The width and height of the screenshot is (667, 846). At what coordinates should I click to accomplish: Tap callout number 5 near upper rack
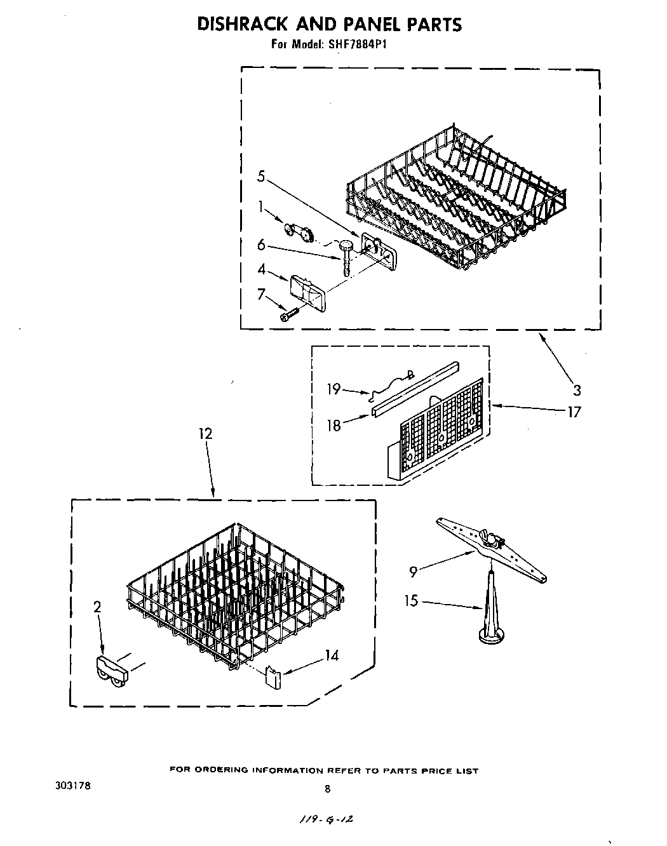coord(261,176)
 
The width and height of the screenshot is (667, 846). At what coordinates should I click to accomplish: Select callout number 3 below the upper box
coord(576,389)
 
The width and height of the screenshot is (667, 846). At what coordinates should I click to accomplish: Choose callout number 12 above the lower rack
coord(205,434)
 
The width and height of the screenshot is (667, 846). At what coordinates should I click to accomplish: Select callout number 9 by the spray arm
coord(413,572)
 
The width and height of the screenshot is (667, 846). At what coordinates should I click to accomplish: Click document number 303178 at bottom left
coord(73,786)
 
